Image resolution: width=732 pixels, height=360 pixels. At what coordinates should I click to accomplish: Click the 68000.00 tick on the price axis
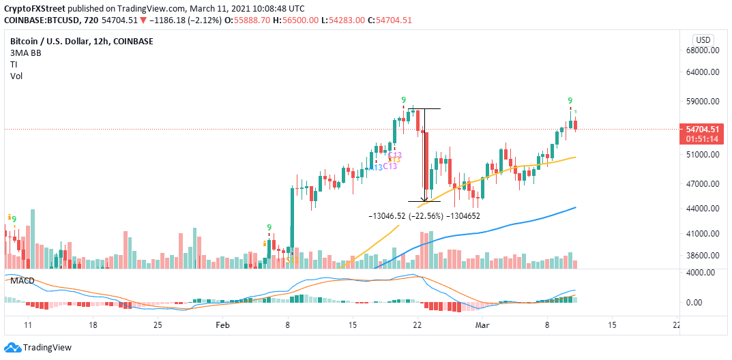tap(703, 50)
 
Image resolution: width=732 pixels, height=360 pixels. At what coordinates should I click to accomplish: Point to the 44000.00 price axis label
tap(703, 209)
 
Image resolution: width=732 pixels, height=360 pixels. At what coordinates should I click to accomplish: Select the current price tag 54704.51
tap(703, 130)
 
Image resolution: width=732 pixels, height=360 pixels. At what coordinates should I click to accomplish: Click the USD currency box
tap(703, 39)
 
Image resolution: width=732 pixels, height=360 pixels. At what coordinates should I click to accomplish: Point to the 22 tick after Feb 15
tap(418, 326)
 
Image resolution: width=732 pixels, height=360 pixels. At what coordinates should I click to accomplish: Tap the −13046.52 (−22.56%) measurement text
tap(406, 215)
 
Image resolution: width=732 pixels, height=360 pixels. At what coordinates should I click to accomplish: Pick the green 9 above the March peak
tap(570, 100)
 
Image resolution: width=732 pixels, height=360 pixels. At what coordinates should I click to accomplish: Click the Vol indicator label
tap(16, 76)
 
